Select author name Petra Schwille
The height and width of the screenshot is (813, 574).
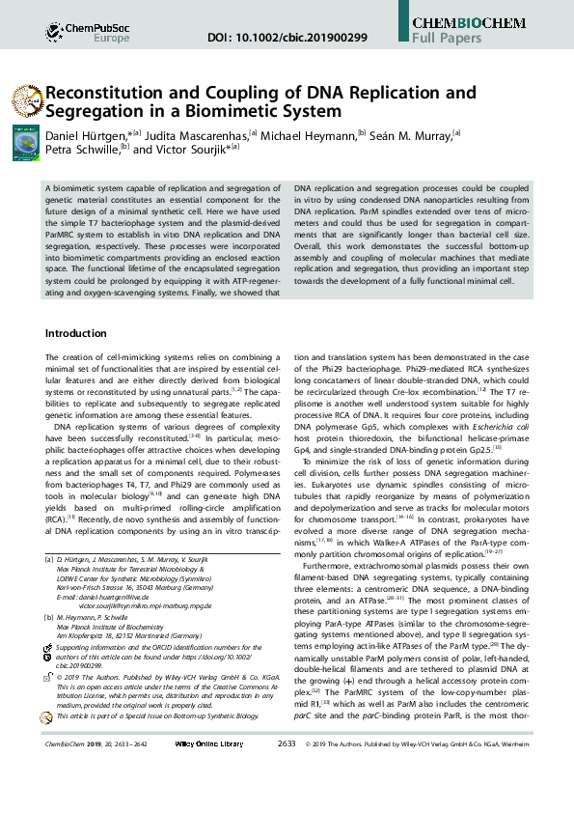(81, 150)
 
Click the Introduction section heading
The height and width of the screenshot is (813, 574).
(83, 333)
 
